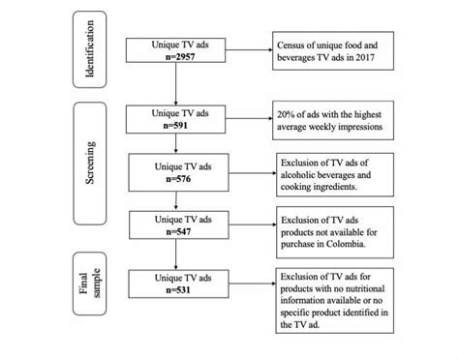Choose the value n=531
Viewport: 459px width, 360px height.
coord(174,288)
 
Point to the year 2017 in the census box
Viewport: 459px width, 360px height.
coord(376,59)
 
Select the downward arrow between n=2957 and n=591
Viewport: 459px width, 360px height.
coord(174,87)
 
